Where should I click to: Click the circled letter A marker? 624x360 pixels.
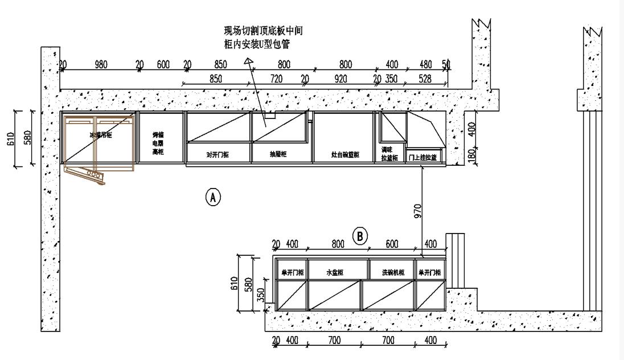pos(212,197)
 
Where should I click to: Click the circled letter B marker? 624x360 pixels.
pos(360,235)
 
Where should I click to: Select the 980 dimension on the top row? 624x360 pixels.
pos(101,64)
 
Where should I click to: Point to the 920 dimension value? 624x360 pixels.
pos(340,79)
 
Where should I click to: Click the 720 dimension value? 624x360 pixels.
pos(277,79)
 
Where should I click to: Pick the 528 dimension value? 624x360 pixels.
pos(425,79)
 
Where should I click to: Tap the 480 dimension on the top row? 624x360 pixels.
pos(426,64)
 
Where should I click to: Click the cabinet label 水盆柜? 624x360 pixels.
pos(335,273)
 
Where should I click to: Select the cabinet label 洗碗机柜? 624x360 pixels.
pos(393,273)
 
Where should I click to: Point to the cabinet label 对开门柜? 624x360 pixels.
pos(217,154)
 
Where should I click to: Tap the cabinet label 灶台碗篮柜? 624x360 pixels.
pos(346,154)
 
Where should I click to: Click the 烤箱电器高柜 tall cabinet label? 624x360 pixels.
pos(158,144)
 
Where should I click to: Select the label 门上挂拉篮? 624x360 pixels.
pos(422,157)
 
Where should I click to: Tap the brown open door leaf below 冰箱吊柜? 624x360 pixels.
pos(85,174)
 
